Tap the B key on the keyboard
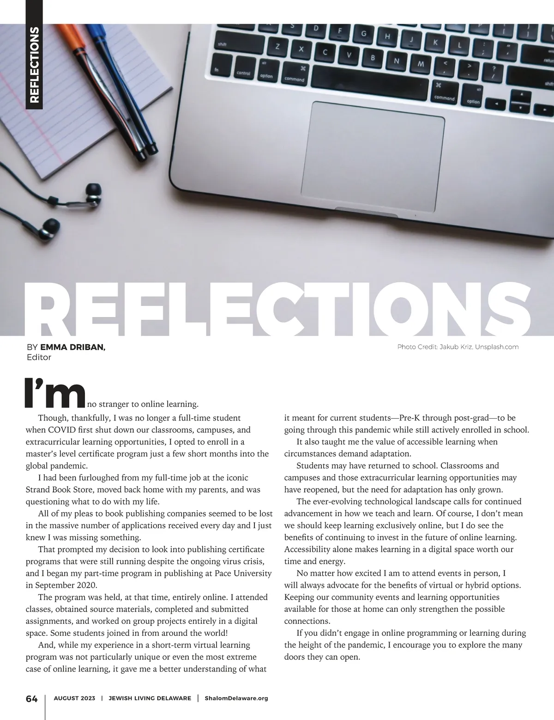tap(373, 58)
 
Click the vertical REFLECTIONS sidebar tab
tap(34, 65)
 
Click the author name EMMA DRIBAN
tap(73, 347)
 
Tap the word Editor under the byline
tap(39, 357)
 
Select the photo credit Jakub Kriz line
tap(458, 347)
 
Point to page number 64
tap(31, 699)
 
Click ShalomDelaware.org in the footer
tap(236, 698)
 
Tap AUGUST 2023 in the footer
tap(74, 698)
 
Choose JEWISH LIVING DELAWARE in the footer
tap(150, 698)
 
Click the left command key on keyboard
tap(294, 79)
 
